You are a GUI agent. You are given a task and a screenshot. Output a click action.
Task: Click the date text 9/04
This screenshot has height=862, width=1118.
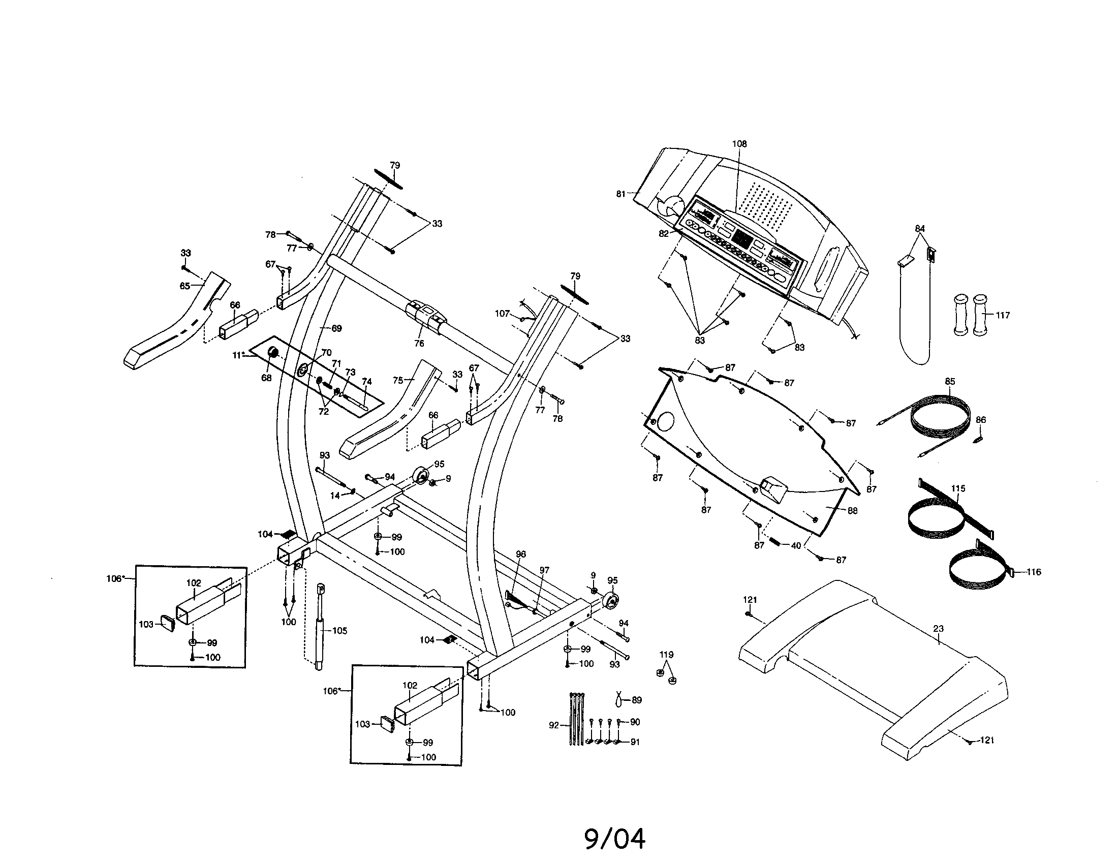point(615,839)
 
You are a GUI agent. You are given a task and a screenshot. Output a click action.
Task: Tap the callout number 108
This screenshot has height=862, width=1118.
point(739,144)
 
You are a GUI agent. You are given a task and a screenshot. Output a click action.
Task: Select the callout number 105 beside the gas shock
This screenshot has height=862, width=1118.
point(339,631)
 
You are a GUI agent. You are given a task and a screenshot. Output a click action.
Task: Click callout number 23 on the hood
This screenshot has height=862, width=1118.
point(938,629)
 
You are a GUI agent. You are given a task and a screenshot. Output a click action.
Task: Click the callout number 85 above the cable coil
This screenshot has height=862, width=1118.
point(950,381)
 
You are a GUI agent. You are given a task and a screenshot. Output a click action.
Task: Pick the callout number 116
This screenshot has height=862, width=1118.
point(1034,572)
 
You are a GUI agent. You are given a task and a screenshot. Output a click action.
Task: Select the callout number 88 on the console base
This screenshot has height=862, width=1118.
point(852,510)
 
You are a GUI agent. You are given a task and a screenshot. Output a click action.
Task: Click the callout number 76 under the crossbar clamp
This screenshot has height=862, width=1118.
point(419,344)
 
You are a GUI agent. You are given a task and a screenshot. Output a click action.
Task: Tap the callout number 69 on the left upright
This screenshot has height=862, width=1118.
point(336,328)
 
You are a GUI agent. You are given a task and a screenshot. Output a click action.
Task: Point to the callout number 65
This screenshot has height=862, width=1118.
point(185,286)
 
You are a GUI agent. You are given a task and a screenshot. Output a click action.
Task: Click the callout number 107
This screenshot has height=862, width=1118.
point(502,313)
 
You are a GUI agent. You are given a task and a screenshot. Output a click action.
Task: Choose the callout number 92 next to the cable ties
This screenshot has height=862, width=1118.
point(554,725)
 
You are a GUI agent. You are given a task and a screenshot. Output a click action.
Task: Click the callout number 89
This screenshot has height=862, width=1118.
point(637,700)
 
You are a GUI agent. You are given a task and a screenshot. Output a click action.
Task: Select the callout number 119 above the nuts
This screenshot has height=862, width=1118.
point(666,655)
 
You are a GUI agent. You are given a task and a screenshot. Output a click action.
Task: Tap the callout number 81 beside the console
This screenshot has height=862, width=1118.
point(620,194)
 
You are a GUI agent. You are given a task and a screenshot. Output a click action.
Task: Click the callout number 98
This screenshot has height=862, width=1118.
point(520,555)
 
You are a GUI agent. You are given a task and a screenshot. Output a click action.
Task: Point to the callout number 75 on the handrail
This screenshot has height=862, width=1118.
point(398,380)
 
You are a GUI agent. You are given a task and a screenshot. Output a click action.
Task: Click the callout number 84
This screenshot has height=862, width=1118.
point(920,228)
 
